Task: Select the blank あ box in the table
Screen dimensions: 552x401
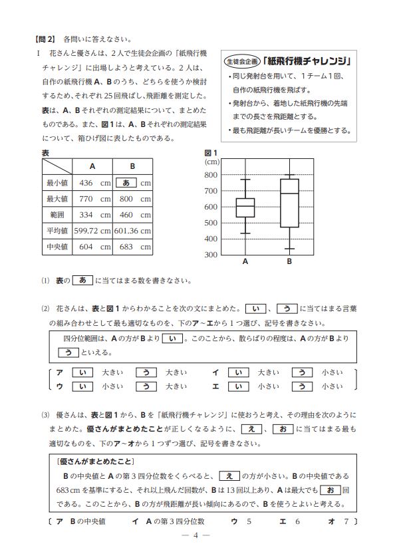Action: tap(126, 182)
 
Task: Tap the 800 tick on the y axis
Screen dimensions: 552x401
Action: tap(211, 175)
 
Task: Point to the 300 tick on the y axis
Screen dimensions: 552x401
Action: tap(211, 255)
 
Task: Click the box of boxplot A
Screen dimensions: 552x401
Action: tap(245, 207)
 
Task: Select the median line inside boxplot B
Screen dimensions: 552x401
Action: tap(289, 194)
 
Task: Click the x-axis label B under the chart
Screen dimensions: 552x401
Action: tap(289, 263)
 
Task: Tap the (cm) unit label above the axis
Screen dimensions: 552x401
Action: tap(212, 162)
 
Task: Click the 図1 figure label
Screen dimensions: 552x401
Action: tap(211, 153)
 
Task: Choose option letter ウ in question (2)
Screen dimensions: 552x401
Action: tap(60, 385)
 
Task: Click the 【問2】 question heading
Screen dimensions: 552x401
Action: tap(46, 39)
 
